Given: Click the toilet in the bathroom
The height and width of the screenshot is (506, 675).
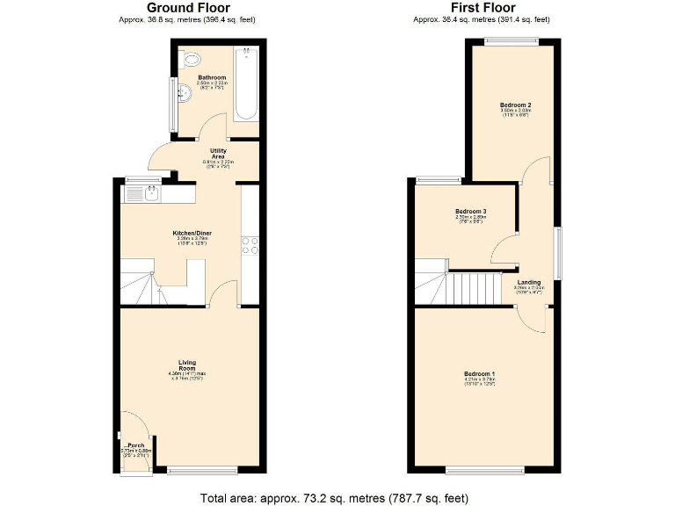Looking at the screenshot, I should tap(192, 61).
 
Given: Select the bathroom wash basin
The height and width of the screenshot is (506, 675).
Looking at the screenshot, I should tap(185, 93).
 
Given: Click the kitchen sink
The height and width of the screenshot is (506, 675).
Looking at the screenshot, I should tap(151, 193).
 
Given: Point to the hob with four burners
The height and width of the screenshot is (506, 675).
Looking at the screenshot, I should tap(249, 245).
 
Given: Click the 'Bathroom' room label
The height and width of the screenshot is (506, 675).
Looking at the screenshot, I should tap(212, 77).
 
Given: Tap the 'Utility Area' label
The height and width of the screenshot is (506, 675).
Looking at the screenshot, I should tap(218, 153).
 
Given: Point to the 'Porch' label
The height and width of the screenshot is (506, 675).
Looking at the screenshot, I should tap(136, 445).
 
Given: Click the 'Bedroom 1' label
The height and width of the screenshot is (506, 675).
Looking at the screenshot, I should tap(480, 374).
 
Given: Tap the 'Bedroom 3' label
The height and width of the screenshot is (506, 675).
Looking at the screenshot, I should tap(471, 211).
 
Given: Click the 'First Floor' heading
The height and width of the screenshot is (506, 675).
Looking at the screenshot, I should tap(481, 8).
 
